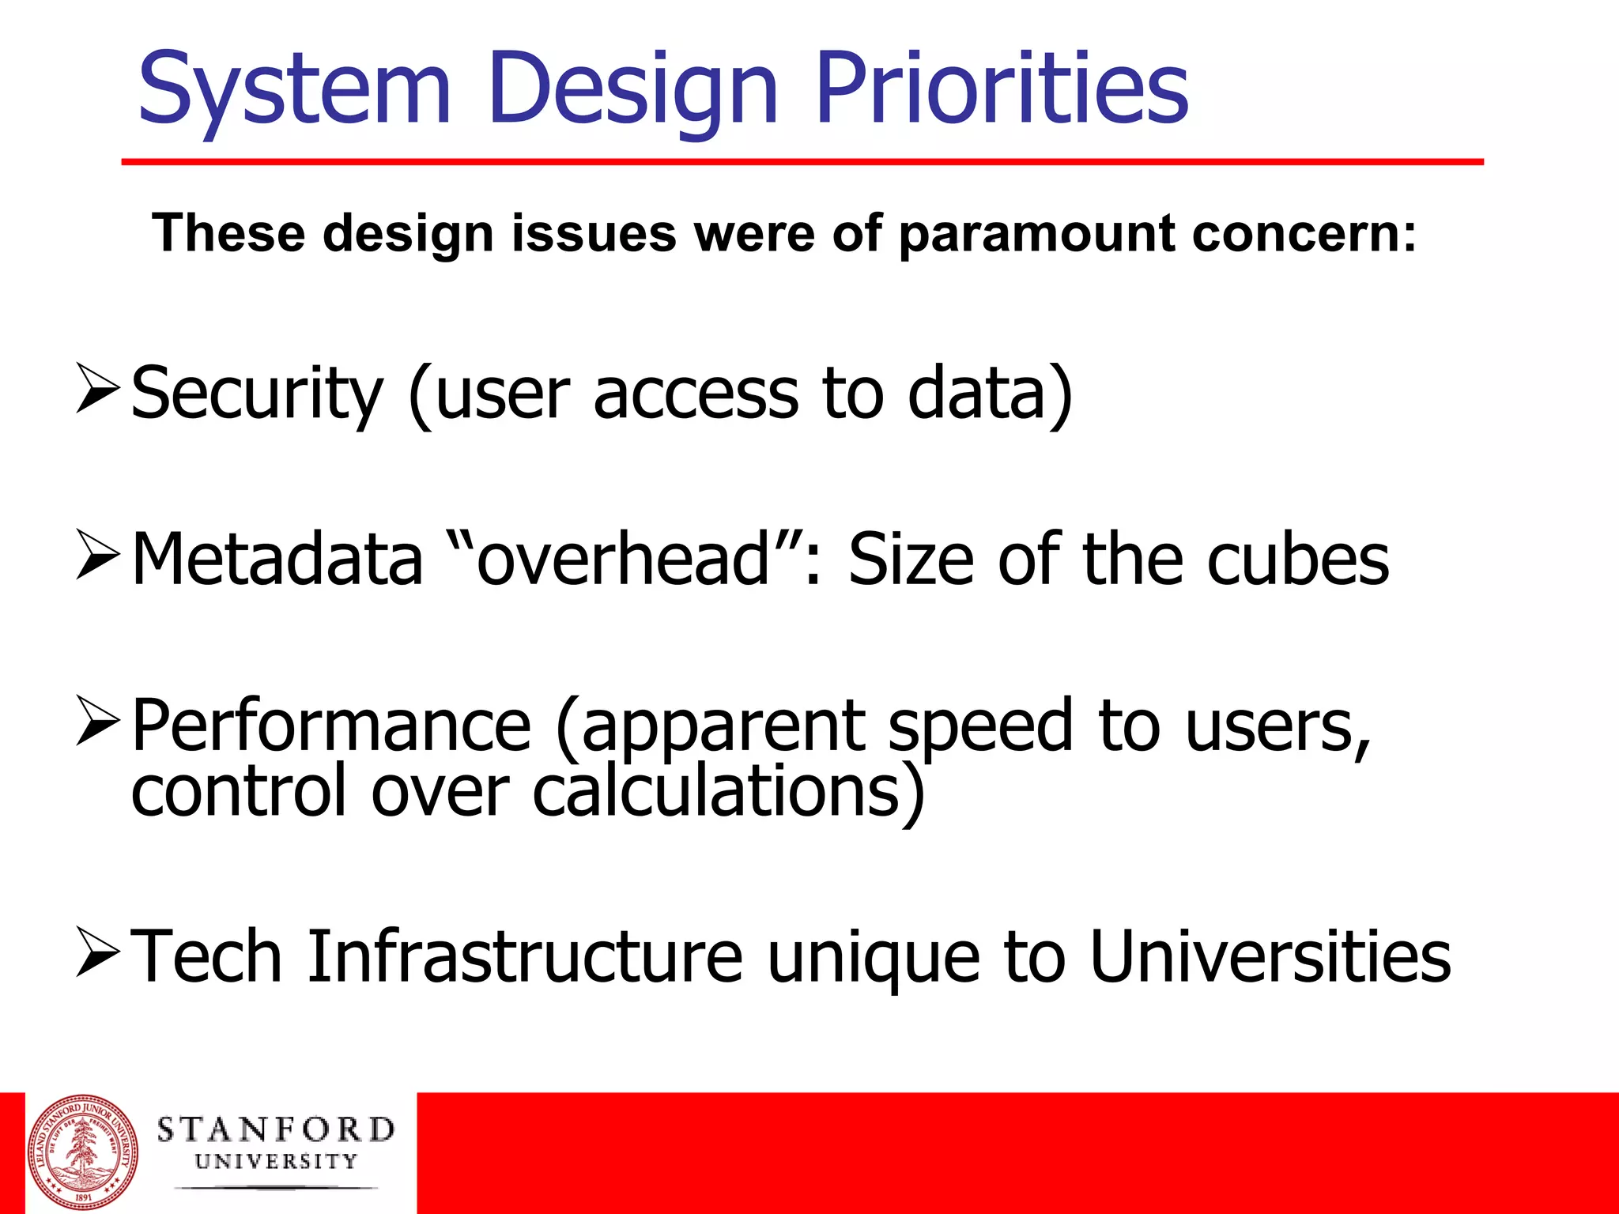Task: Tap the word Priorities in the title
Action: coord(1002,89)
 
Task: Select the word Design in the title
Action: coord(633,89)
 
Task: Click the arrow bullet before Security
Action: coord(98,388)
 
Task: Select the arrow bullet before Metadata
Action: coord(98,555)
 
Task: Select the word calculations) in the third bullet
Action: coord(728,792)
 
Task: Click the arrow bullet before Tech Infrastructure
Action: coord(98,952)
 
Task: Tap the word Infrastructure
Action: coord(525,957)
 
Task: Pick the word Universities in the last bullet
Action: coord(1270,957)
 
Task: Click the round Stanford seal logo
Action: coord(83,1151)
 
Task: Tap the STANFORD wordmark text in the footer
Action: coord(276,1129)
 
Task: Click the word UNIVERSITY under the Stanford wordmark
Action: coord(276,1162)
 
